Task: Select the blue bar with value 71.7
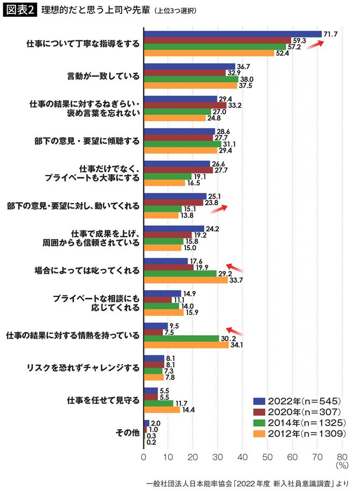[x=233, y=34]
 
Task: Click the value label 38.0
[x=246, y=79]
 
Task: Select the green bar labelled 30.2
[x=181, y=338]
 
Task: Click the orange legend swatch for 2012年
[x=260, y=432]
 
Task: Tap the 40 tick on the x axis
[x=243, y=458]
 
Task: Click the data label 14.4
[x=188, y=409]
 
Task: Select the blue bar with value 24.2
[x=174, y=228]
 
